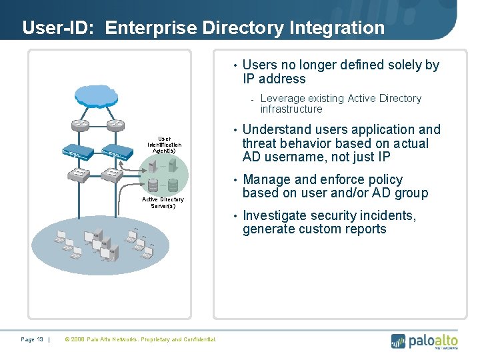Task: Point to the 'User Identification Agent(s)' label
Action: [x=163, y=145]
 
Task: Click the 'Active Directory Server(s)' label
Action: [x=163, y=203]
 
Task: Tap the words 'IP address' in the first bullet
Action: [x=274, y=79]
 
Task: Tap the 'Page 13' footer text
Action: [x=32, y=340]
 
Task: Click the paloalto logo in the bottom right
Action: [x=424, y=341]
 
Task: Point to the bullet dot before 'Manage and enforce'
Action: [x=235, y=180]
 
